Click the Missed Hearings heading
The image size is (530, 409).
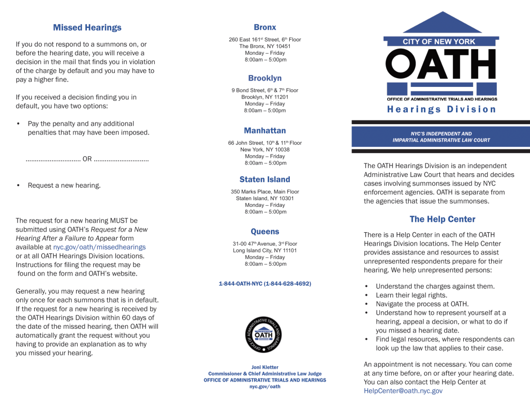pyautogui.click(x=87, y=28)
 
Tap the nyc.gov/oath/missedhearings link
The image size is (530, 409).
pyautogui.click(x=99, y=247)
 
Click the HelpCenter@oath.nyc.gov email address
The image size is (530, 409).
pyautogui.click(x=403, y=391)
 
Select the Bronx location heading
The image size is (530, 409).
pyautogui.click(x=264, y=27)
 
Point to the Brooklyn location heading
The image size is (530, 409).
pyautogui.click(x=264, y=78)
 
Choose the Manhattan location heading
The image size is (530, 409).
pyautogui.click(x=264, y=131)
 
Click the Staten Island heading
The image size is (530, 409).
pyautogui.click(x=264, y=179)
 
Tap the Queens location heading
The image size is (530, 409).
pyautogui.click(x=264, y=232)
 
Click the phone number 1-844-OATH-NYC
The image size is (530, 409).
pyautogui.click(x=264, y=284)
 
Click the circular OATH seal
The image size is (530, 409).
pyautogui.click(x=264, y=335)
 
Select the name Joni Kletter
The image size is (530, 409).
pyautogui.click(x=264, y=367)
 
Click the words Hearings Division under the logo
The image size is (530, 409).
pyautogui.click(x=441, y=110)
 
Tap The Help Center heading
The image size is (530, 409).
pyautogui.click(x=442, y=219)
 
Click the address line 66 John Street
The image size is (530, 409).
pyautogui.click(x=264, y=143)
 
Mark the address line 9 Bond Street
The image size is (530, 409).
pyautogui.click(x=264, y=90)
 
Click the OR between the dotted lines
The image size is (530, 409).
pyautogui.click(x=87, y=159)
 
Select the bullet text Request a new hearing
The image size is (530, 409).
pyautogui.click(x=64, y=185)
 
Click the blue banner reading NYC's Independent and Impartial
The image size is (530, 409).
pyautogui.click(x=441, y=137)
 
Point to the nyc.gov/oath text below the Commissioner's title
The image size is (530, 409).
pyautogui.click(x=264, y=387)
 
